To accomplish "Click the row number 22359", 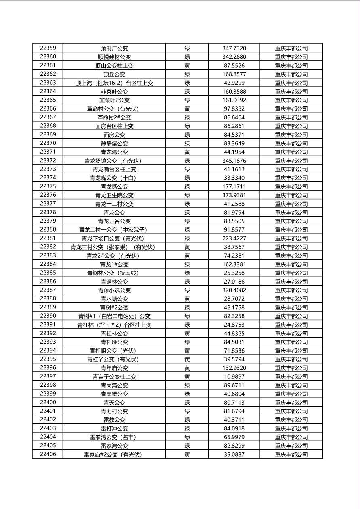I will point(48,48).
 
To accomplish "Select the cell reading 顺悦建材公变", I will point(114,57).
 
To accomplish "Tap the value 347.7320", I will point(234,48).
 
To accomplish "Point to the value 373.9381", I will point(234,195).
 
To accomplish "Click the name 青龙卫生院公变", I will point(114,195).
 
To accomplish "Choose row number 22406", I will point(48,454).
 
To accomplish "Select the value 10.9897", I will point(234,377).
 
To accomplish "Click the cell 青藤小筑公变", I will point(114,290).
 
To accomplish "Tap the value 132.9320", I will point(234,368).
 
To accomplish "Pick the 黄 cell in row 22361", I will point(187,66).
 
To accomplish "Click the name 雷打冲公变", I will point(114,428).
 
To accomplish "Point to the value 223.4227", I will point(234,238).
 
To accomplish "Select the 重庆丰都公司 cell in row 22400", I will point(291,403).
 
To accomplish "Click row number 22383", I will point(48,255).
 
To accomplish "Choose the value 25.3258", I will point(234,273).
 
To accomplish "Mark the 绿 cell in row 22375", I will point(187,187).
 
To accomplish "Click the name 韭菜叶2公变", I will point(114,100).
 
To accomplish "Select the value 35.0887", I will point(234,455).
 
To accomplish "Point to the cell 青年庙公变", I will point(114,368).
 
